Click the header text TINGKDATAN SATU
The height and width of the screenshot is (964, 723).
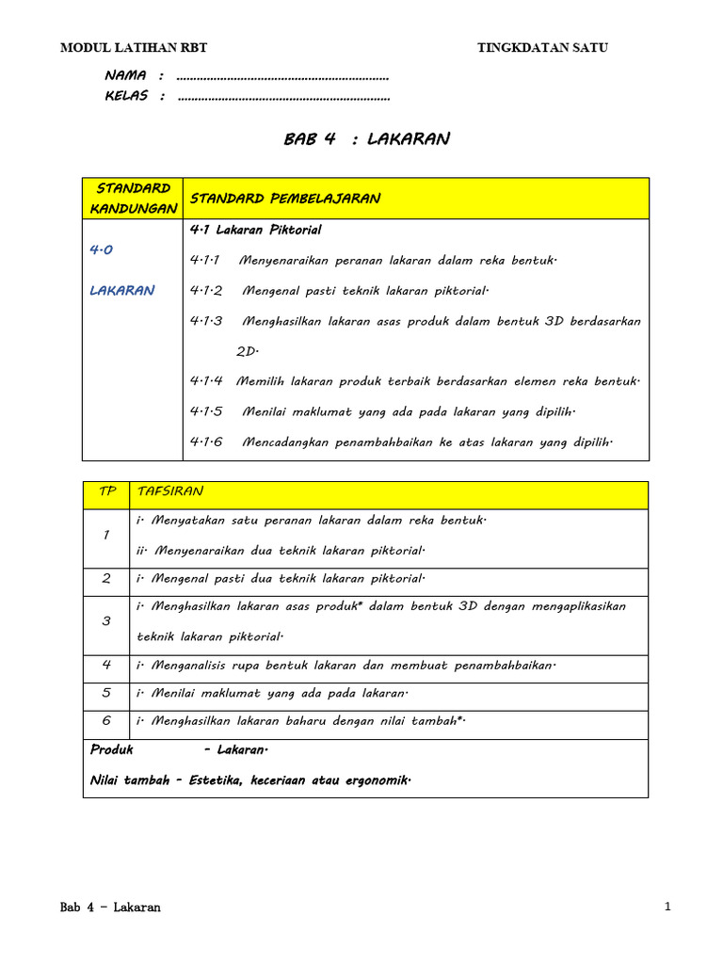point(549,48)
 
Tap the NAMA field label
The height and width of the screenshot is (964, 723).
point(125,75)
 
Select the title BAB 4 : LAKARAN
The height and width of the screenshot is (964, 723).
point(366,139)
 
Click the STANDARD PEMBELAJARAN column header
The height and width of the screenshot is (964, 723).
point(285,199)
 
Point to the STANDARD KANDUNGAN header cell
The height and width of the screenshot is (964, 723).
point(133,198)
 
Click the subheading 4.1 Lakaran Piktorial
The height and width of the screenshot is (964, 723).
point(255,230)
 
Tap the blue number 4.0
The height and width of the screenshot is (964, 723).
point(101,250)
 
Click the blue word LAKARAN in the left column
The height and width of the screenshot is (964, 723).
point(121,291)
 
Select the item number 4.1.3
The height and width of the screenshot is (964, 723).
point(206,321)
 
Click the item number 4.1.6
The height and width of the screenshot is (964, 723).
point(206,442)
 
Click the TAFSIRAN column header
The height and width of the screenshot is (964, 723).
point(169,491)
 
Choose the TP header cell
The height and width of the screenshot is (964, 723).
point(106,491)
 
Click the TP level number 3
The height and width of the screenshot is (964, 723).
point(106,621)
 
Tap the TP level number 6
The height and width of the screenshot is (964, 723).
point(106,720)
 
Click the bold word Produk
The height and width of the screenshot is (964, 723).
point(112,750)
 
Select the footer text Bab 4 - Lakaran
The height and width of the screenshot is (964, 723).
point(110,908)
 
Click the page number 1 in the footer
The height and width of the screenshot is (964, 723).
point(667,907)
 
